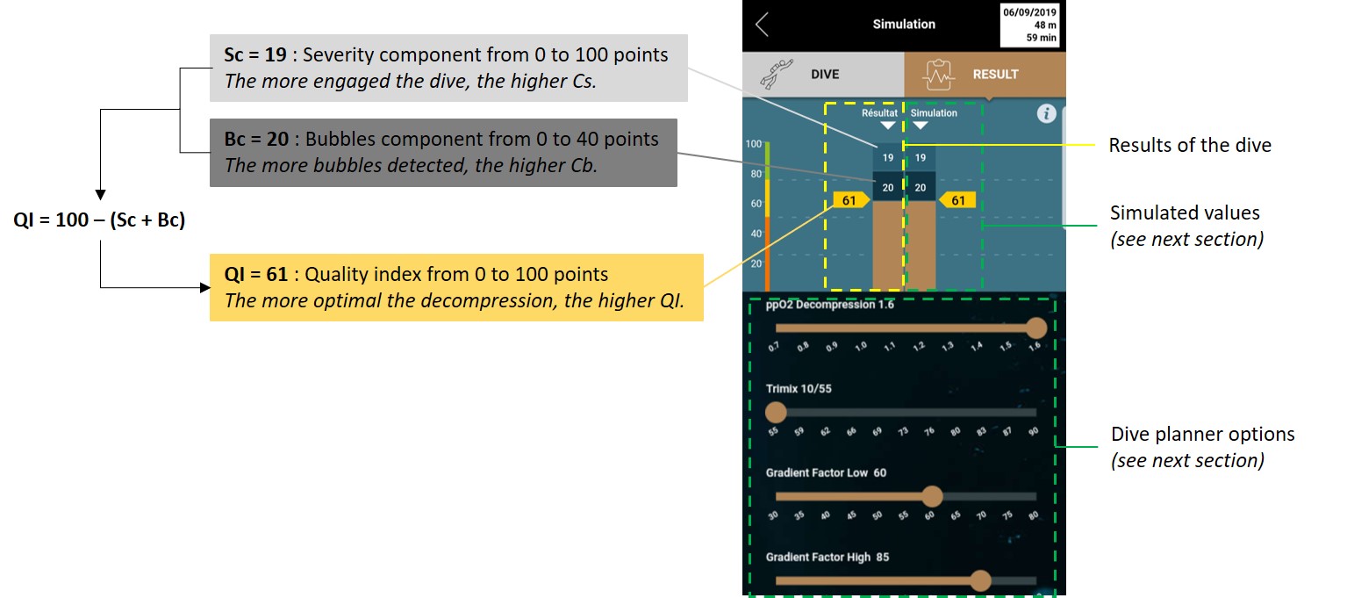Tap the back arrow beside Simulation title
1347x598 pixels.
coord(762,25)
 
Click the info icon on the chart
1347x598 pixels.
coord(1046,113)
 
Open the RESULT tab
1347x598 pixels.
coord(985,74)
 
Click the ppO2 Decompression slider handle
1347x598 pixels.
coord(1036,328)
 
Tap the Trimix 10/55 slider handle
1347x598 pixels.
coord(776,412)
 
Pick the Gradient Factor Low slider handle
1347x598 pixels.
coord(932,496)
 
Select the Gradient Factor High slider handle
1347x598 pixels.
coord(981,580)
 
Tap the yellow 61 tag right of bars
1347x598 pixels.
coord(957,200)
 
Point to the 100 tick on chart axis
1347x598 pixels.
coord(754,144)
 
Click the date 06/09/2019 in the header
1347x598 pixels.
coord(1029,12)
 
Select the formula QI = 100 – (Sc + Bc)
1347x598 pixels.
coord(99,220)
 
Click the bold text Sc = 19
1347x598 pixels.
coord(255,54)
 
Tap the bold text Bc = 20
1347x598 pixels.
coord(256,139)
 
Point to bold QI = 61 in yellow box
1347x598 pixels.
coord(255,274)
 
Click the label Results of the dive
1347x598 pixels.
coord(1189,145)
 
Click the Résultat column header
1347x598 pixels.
coord(879,113)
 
